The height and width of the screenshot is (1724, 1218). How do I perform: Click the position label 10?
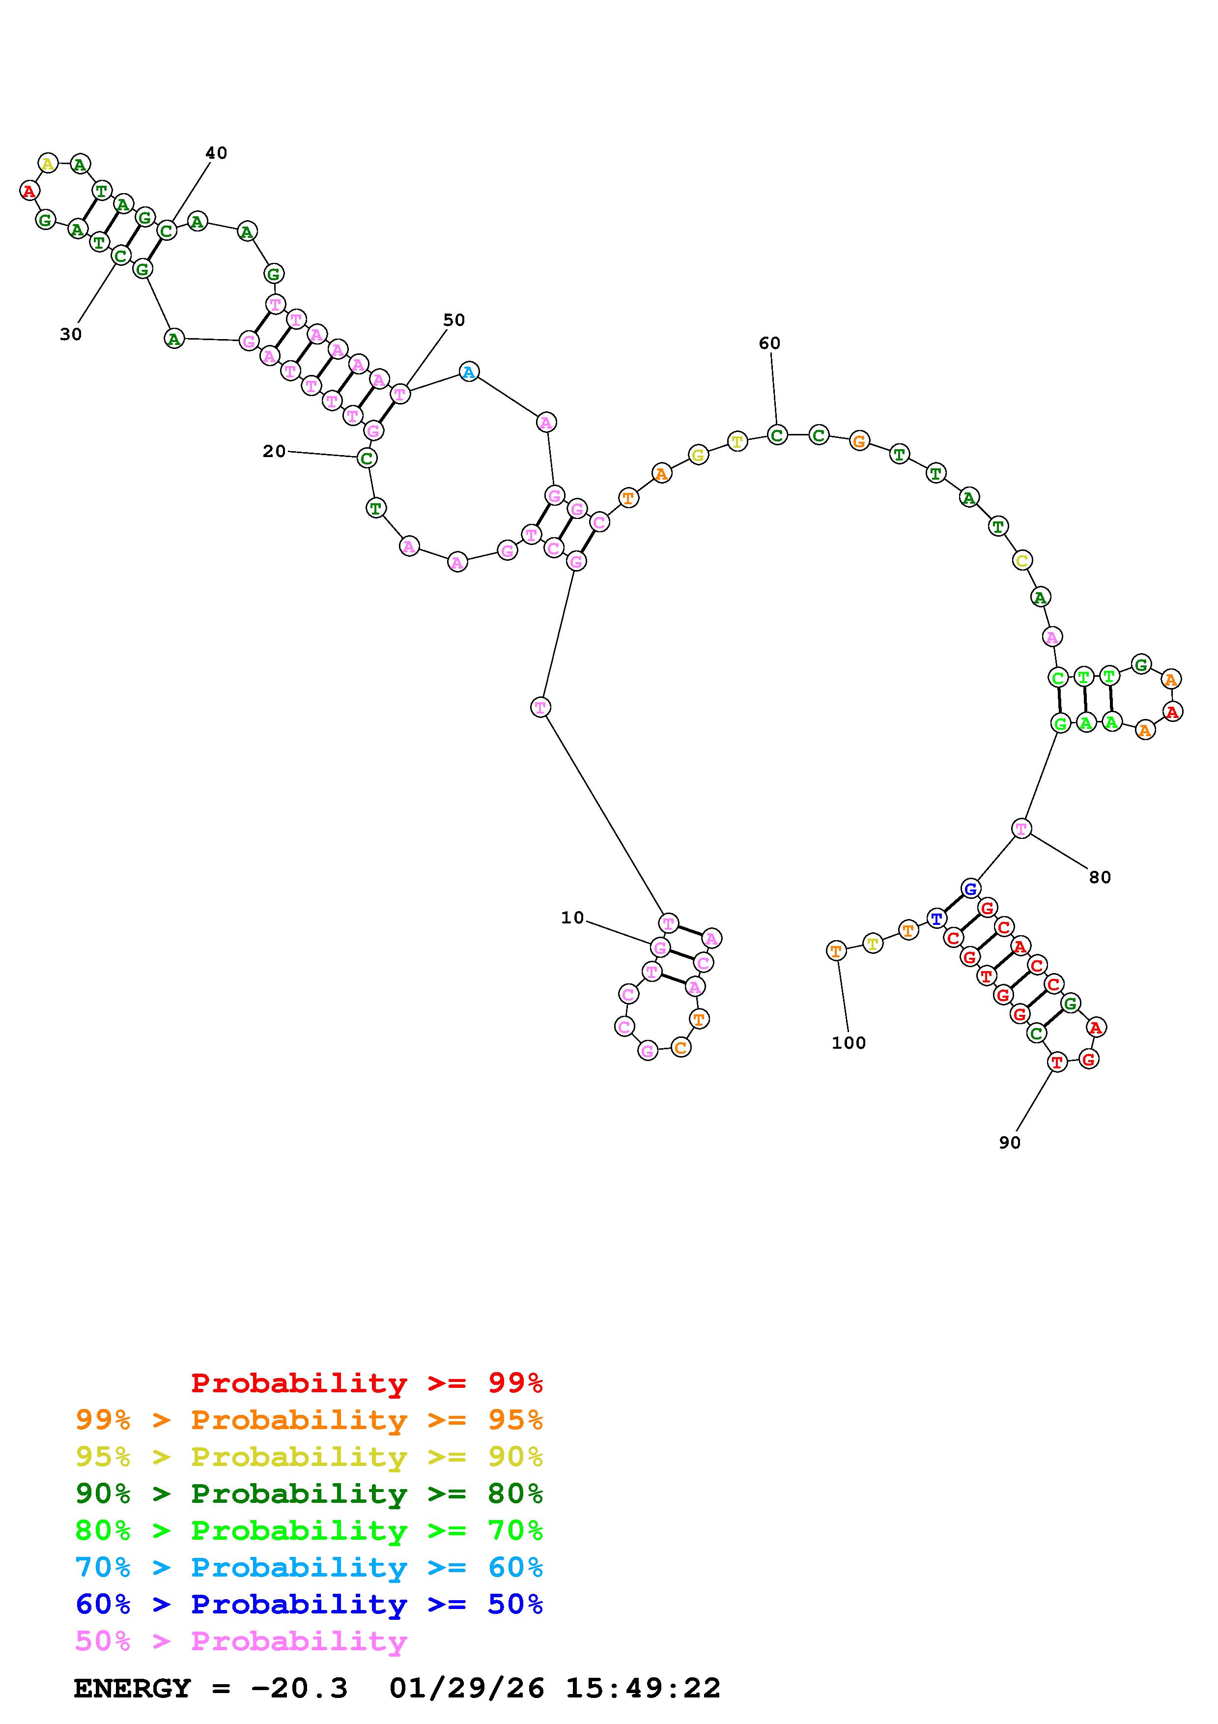(572, 918)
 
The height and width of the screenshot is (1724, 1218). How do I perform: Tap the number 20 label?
(274, 451)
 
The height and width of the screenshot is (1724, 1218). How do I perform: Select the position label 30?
(71, 335)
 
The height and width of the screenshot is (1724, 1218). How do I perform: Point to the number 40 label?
(216, 153)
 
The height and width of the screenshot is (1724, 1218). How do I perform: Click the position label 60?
(769, 343)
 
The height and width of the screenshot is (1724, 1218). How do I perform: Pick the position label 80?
(1100, 877)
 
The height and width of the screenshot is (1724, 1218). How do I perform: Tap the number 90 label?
(1009, 1142)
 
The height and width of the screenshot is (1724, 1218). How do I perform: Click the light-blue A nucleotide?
(469, 372)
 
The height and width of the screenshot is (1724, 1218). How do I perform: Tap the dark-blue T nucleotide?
(936, 918)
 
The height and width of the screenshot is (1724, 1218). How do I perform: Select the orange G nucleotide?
(859, 441)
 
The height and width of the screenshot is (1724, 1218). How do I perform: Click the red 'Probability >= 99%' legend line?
(366, 1382)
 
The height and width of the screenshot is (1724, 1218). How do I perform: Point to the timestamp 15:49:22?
(642, 1688)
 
